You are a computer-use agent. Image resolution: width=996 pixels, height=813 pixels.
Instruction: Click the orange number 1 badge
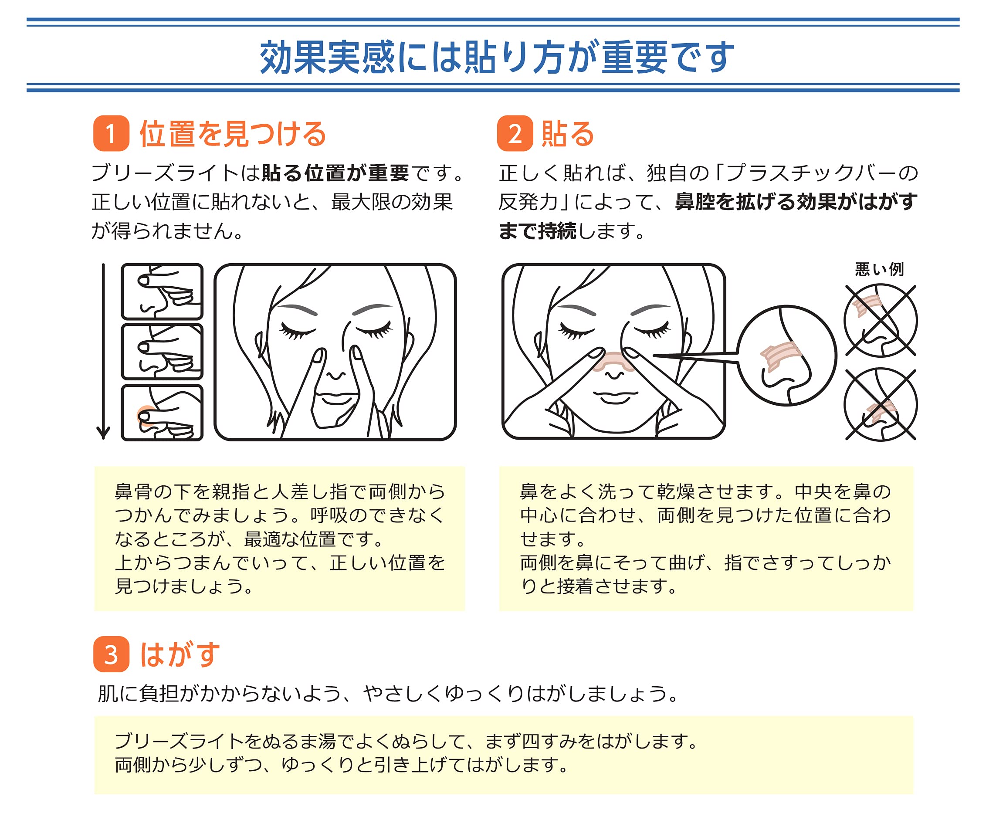pyautogui.click(x=112, y=133)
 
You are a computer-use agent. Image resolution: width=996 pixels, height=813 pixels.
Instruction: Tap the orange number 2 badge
pyautogui.click(x=515, y=133)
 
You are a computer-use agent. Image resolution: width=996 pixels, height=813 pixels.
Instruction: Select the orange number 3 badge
pyautogui.click(x=112, y=654)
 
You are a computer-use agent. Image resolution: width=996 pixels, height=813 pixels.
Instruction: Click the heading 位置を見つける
pyautogui.click(x=233, y=134)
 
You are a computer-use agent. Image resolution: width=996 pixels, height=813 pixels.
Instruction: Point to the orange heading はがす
pyautogui.click(x=180, y=654)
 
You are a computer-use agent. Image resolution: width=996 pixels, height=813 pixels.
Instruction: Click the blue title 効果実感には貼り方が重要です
pyautogui.click(x=497, y=57)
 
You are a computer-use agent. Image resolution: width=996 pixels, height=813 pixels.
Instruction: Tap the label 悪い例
pyautogui.click(x=879, y=269)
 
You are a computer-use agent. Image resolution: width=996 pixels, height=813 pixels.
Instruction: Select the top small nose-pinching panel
pyautogui.click(x=162, y=292)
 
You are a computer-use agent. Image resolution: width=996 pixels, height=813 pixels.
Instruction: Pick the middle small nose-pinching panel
pyautogui.click(x=162, y=352)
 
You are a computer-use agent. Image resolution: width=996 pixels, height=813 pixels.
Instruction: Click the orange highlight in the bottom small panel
pyautogui.click(x=145, y=415)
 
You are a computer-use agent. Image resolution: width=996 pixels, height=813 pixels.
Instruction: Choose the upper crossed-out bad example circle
pyautogui.click(x=881, y=321)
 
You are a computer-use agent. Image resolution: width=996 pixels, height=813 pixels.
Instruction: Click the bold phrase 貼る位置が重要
pyautogui.click(x=335, y=173)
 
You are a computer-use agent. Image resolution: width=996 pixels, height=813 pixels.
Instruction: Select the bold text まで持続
pyautogui.click(x=538, y=231)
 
